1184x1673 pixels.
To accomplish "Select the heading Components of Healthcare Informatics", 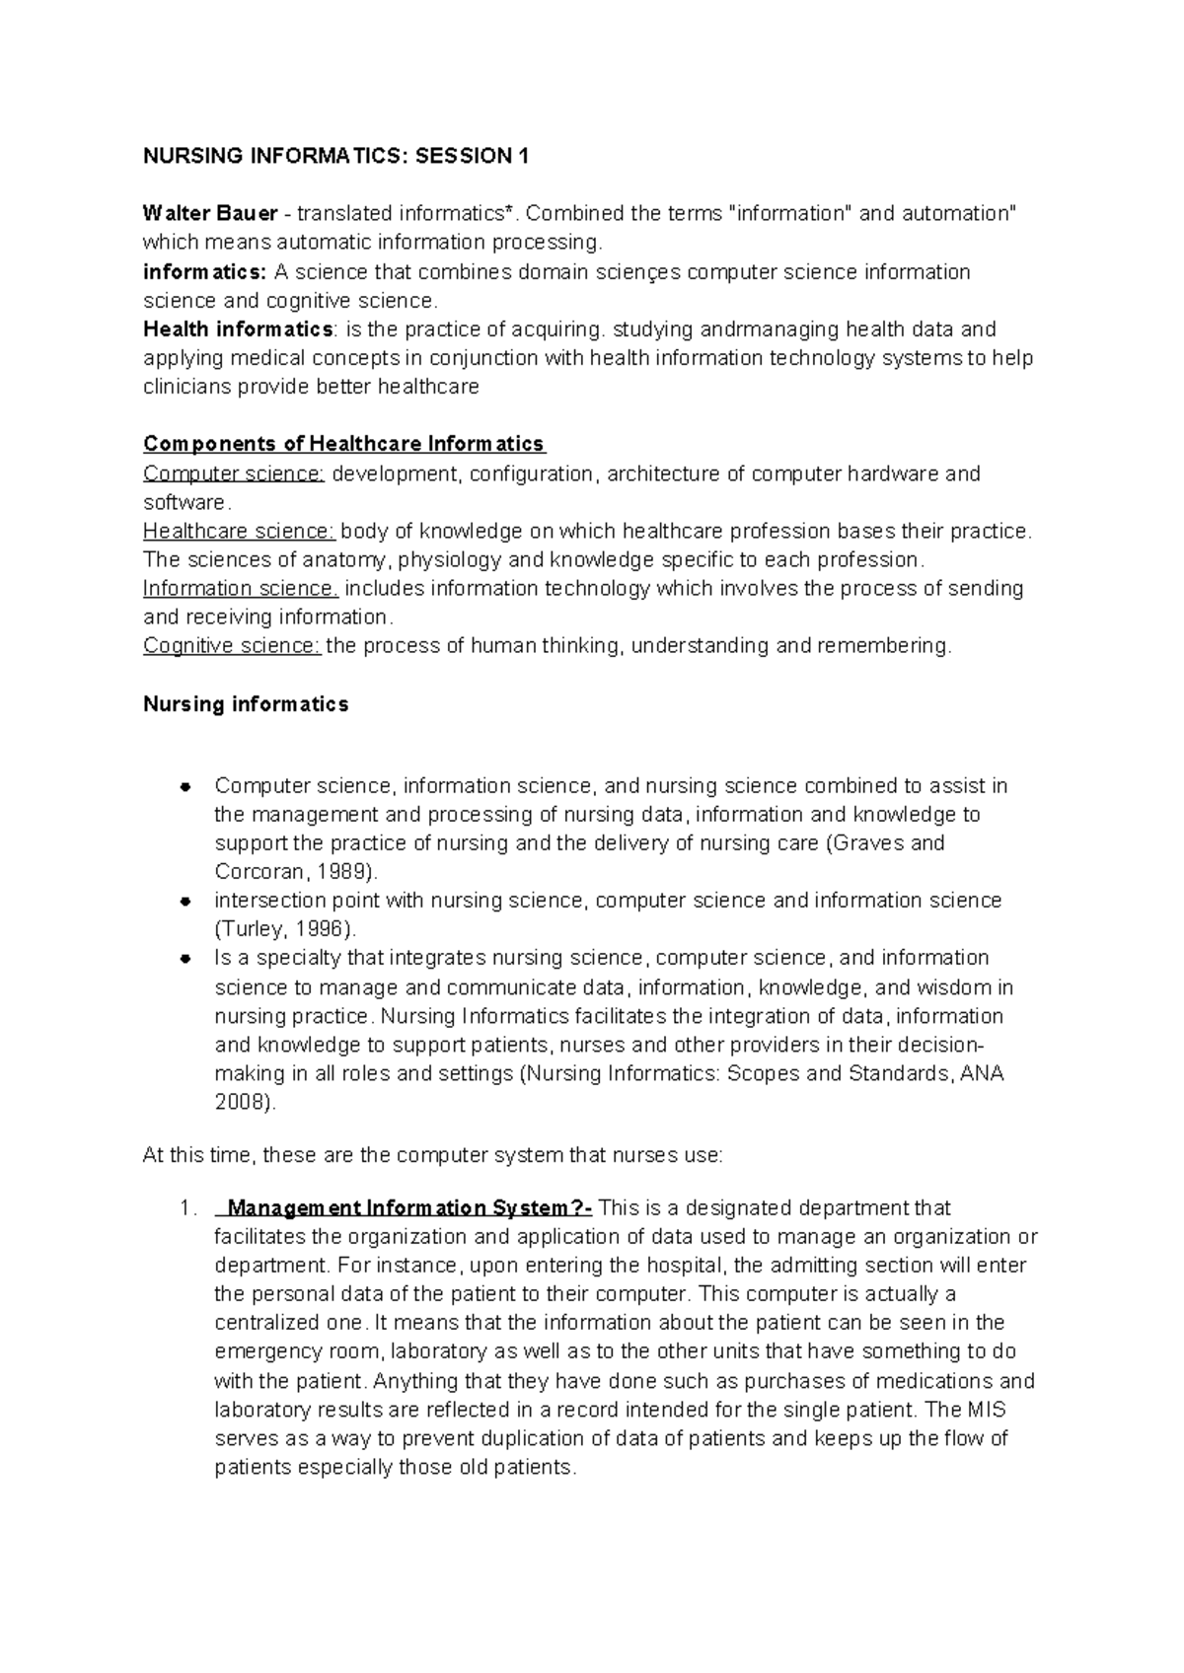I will pyautogui.click(x=343, y=444).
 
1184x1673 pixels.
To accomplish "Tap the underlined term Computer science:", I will pyautogui.click(x=233, y=473).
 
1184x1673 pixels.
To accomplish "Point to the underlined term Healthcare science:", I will pyautogui.click(x=239, y=531).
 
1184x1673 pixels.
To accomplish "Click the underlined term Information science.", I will pyautogui.click(x=241, y=589).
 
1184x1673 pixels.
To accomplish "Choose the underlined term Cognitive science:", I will pyautogui.click(x=232, y=646).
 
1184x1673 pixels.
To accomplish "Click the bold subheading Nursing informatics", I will pyautogui.click(x=246, y=704).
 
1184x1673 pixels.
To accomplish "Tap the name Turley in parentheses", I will pyautogui.click(x=246, y=929).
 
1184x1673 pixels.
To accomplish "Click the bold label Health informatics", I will pyautogui.click(x=238, y=328).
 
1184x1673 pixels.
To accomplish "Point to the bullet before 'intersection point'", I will pyautogui.click(x=184, y=902).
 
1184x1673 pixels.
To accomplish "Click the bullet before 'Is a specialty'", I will pyautogui.click(x=184, y=959).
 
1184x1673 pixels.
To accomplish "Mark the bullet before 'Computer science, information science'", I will pyautogui.click(x=184, y=787).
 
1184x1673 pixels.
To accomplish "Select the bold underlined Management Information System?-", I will pyautogui.click(x=409, y=1208).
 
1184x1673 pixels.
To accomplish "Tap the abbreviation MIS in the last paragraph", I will pyautogui.click(x=986, y=1410).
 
